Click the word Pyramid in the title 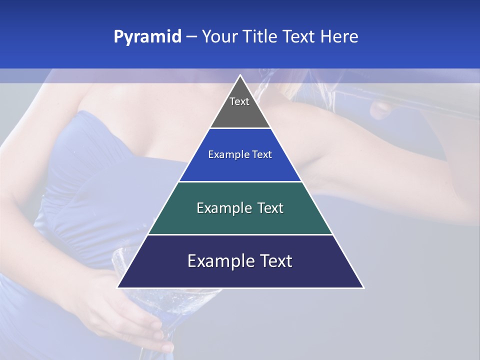147,37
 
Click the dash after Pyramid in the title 191,37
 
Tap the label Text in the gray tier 239,101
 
